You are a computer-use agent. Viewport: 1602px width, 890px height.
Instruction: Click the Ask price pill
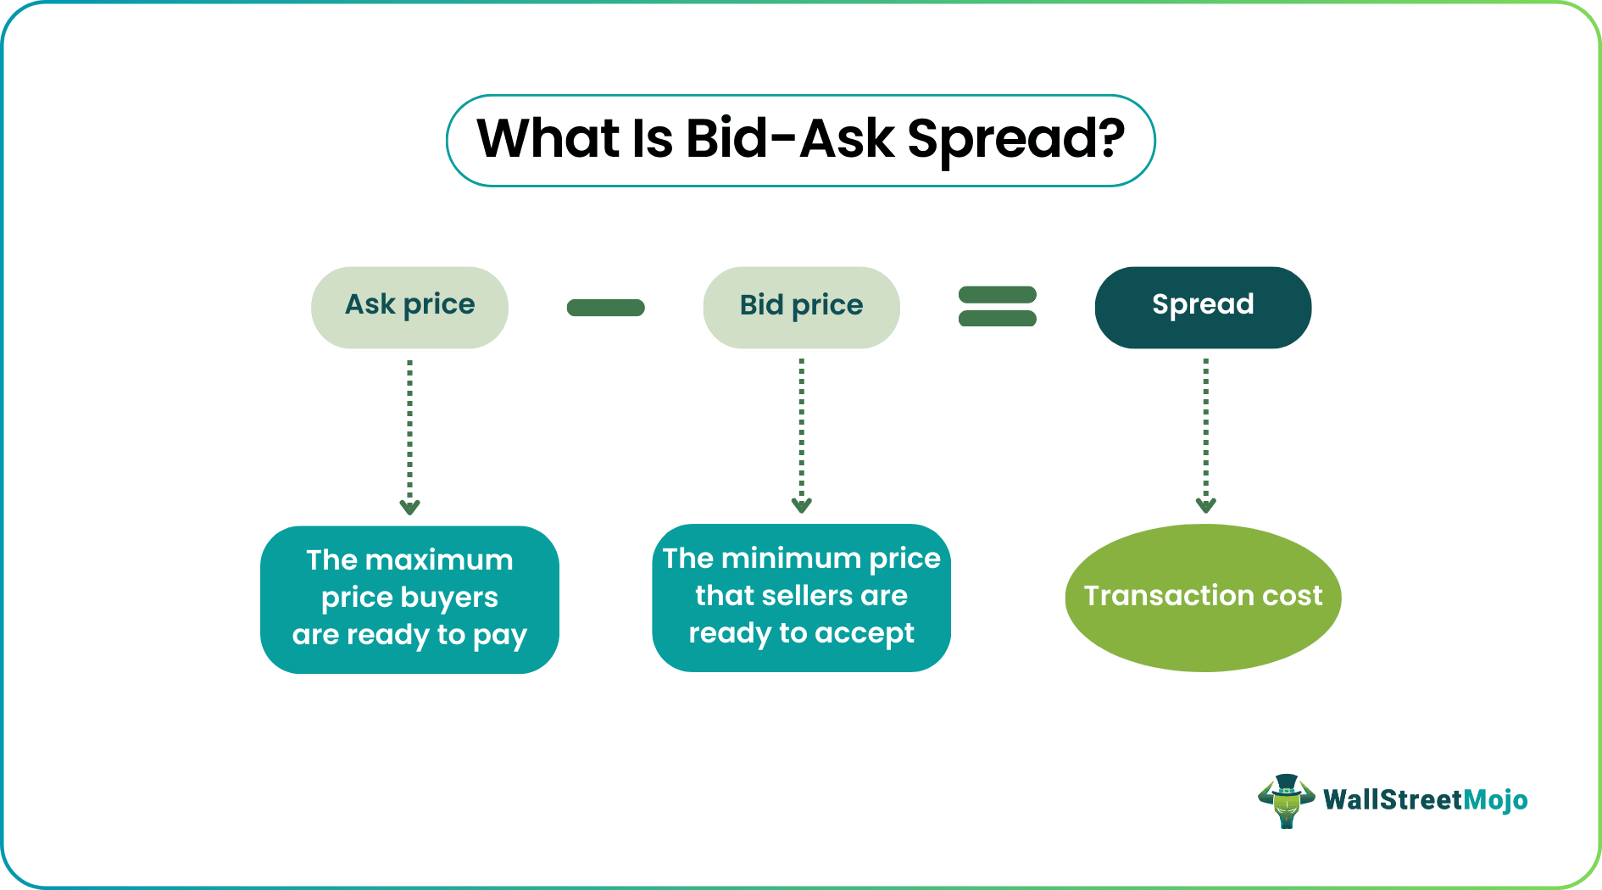coord(409,307)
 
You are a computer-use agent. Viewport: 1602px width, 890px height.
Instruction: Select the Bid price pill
coord(801,307)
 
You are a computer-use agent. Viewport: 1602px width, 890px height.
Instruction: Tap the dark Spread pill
coord(1203,307)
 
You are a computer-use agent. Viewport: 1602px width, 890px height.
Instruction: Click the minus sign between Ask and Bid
coord(605,308)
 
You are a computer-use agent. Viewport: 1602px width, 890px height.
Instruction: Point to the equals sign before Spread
coord(997,306)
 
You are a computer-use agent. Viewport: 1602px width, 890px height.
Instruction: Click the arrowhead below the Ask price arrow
coord(409,508)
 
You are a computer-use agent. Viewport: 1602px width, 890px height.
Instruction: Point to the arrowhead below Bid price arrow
coord(801,506)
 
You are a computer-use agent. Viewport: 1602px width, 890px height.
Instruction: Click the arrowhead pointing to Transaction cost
coord(1205,506)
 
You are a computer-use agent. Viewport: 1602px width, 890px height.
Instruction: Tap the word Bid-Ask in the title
coord(789,139)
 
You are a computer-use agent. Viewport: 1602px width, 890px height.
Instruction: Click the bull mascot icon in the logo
coord(1286,800)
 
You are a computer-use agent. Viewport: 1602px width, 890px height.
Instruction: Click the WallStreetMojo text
coord(1425,800)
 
